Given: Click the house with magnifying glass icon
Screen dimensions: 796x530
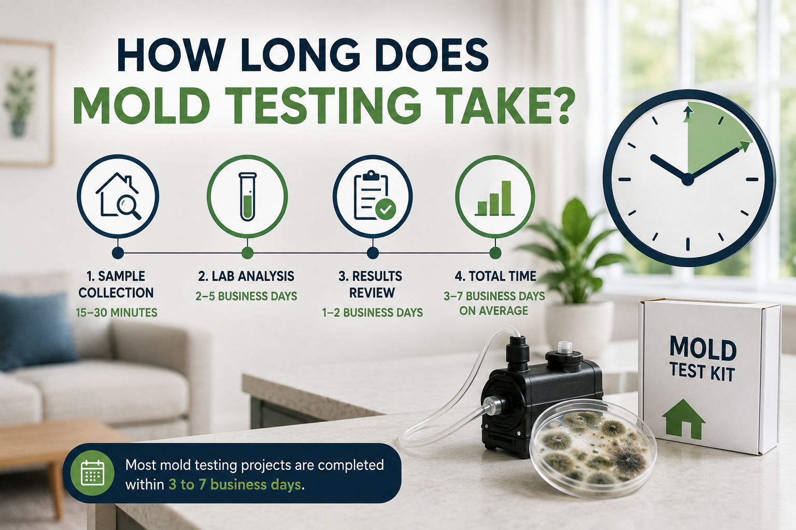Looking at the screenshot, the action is (x=118, y=196).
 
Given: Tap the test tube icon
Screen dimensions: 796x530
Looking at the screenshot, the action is (x=247, y=196).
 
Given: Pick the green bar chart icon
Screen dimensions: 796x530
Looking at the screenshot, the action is (x=495, y=198).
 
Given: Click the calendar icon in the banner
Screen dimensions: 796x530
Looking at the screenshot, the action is (x=92, y=473).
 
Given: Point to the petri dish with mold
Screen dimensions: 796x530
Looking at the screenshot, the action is (x=593, y=448).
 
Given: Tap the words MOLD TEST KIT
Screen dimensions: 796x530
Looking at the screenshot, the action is (x=703, y=359).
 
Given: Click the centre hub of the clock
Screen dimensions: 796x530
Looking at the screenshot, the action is (x=688, y=179).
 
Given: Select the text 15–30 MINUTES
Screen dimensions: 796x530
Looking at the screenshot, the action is (x=117, y=313).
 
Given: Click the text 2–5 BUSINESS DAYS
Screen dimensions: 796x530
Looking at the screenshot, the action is (x=246, y=296).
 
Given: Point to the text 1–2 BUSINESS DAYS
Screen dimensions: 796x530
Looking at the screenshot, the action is (x=373, y=313).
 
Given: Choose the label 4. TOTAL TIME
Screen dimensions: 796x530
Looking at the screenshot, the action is (x=495, y=276).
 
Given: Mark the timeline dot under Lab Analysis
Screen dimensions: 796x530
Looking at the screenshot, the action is (x=247, y=253).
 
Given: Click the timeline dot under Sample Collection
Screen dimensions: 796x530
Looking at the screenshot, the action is (x=118, y=253).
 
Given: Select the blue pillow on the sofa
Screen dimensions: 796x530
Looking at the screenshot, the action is (x=34, y=330).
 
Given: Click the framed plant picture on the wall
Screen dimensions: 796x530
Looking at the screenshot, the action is (x=25, y=103).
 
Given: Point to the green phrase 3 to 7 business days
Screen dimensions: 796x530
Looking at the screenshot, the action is (x=235, y=484).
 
